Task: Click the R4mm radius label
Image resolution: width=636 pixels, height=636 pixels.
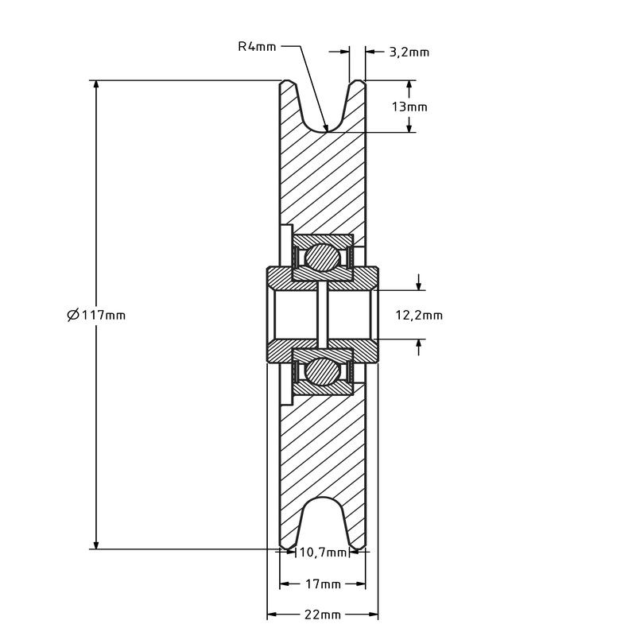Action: tap(257, 47)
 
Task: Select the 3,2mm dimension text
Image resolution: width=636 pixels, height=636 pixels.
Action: tap(409, 52)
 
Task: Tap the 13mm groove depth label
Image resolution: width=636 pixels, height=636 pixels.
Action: tap(409, 107)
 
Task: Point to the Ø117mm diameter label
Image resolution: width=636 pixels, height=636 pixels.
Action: tap(96, 315)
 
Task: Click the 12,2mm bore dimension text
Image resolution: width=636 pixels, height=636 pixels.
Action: tap(419, 315)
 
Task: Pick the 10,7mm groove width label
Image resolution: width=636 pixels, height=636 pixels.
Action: tap(323, 552)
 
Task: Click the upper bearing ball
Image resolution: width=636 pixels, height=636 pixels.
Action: tap(322, 258)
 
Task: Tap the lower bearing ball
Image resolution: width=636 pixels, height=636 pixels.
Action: tap(322, 371)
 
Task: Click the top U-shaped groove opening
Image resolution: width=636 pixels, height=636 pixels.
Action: tap(323, 107)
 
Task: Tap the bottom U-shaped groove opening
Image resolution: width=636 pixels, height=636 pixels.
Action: tap(323, 523)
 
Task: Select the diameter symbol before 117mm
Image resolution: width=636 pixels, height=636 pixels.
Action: tap(73, 315)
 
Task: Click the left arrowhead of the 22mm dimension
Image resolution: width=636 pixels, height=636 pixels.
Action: tap(273, 615)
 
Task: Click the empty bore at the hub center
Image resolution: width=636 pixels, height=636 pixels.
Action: tap(323, 315)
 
